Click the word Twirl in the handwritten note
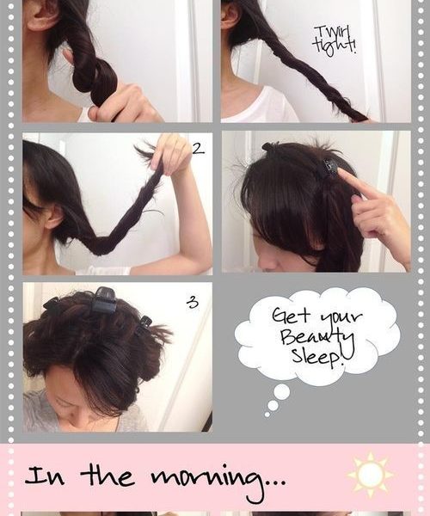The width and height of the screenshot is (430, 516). pyautogui.click(x=331, y=34)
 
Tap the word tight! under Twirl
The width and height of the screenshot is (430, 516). pyautogui.click(x=335, y=46)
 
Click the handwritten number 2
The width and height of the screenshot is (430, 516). pyautogui.click(x=198, y=149)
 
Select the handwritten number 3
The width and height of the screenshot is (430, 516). pyautogui.click(x=193, y=302)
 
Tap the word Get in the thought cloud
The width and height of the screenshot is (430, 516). pyautogui.click(x=291, y=316)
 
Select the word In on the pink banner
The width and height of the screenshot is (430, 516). pyautogui.click(x=45, y=476)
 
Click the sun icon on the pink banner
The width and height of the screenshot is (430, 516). pyautogui.click(x=370, y=474)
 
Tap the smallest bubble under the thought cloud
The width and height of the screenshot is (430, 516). pyautogui.click(x=267, y=415)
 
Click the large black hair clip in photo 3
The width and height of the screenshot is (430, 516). pyautogui.click(x=104, y=299)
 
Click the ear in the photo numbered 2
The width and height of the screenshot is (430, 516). pyautogui.click(x=53, y=218)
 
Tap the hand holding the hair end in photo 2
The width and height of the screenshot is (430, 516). pyautogui.click(x=172, y=153)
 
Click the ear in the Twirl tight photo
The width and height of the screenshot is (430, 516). pyautogui.click(x=230, y=15)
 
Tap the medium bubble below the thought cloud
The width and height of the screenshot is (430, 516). pyautogui.click(x=273, y=405)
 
